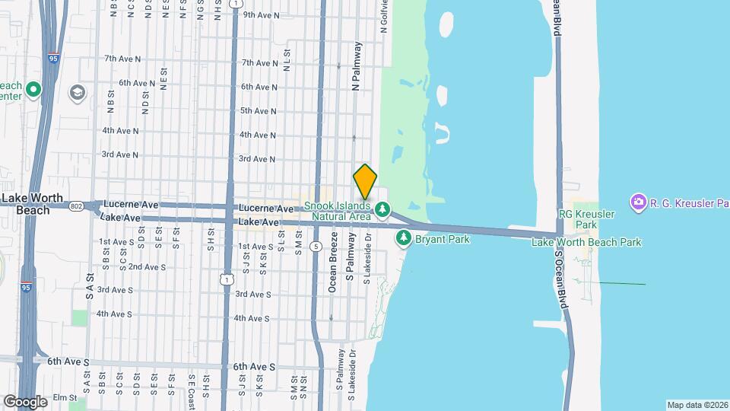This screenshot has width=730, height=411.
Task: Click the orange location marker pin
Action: click(x=365, y=181)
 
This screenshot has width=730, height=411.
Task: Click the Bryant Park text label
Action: click(x=443, y=239)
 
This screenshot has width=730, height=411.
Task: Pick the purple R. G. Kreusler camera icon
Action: click(x=638, y=202)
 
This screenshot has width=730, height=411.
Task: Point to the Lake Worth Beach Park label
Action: click(x=586, y=243)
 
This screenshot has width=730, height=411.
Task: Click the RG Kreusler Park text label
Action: click(x=586, y=220)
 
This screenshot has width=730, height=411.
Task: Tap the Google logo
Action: click(x=24, y=401)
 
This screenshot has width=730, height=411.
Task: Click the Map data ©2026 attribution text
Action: click(x=697, y=405)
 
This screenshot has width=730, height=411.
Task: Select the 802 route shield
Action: click(x=76, y=205)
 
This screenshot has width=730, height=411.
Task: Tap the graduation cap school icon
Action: click(x=77, y=93)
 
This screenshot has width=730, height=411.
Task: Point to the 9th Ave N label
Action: click(x=259, y=15)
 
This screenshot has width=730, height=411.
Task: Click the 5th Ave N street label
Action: click(x=258, y=111)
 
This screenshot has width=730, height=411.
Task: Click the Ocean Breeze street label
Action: click(x=332, y=268)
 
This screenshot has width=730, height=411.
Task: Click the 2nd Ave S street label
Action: click(x=147, y=267)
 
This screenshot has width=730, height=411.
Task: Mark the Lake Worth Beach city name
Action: click(x=26, y=204)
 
